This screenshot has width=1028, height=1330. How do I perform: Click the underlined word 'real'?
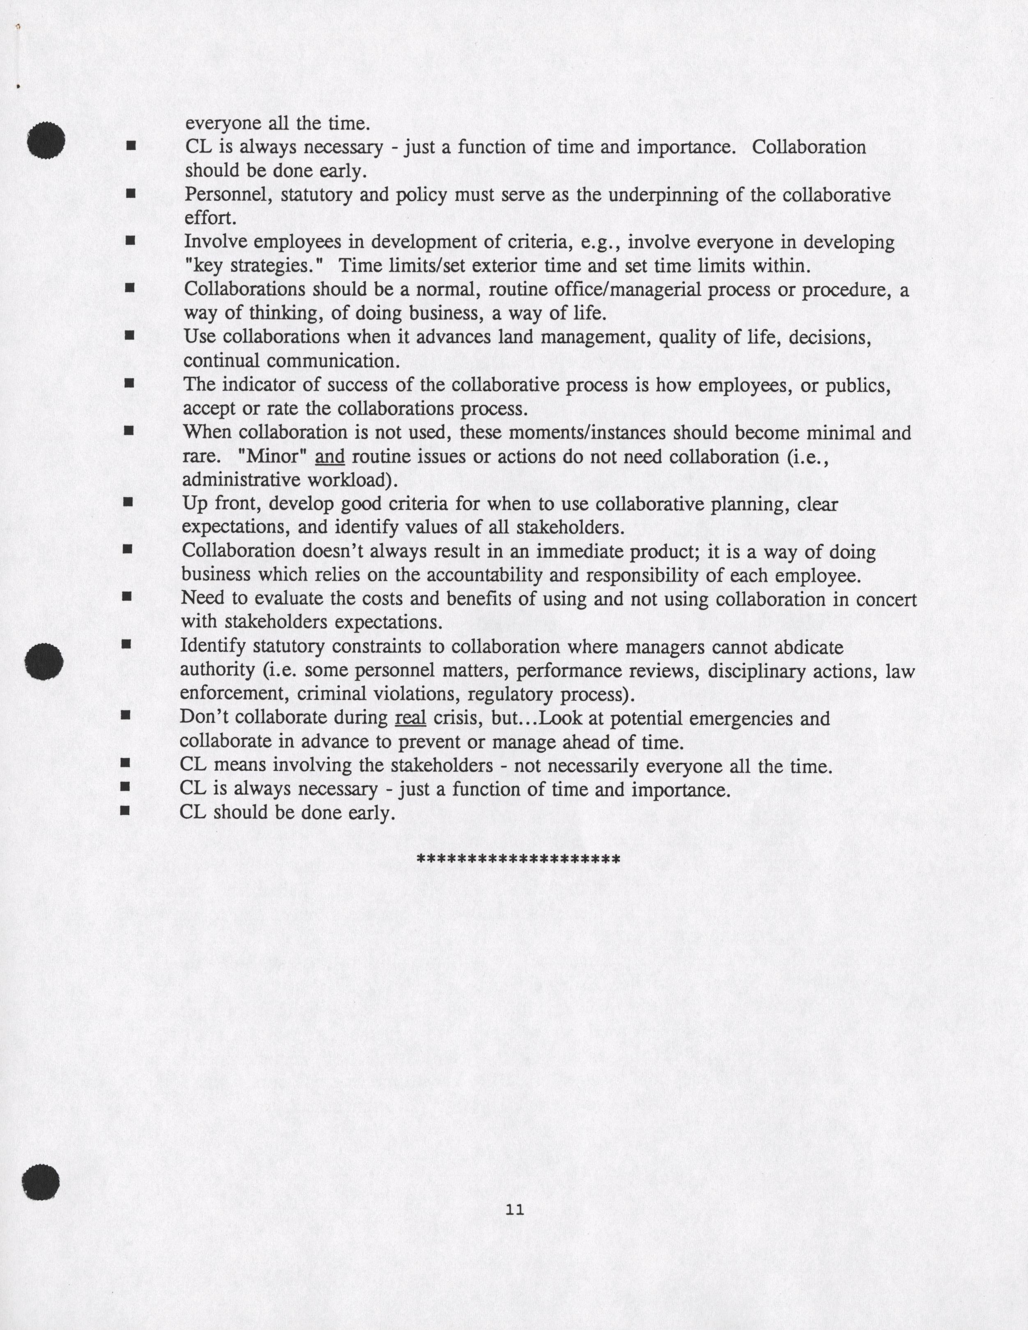pyautogui.click(x=410, y=719)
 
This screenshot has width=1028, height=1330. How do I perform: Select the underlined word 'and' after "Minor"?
pyautogui.click(x=330, y=457)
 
